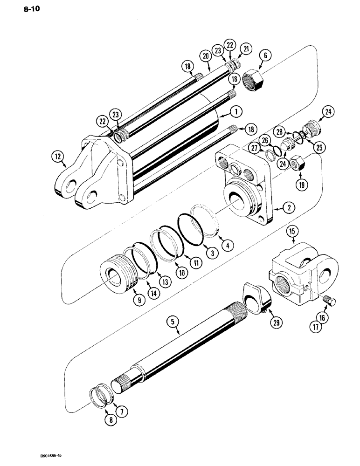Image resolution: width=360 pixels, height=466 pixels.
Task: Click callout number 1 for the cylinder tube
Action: tap(236, 112)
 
